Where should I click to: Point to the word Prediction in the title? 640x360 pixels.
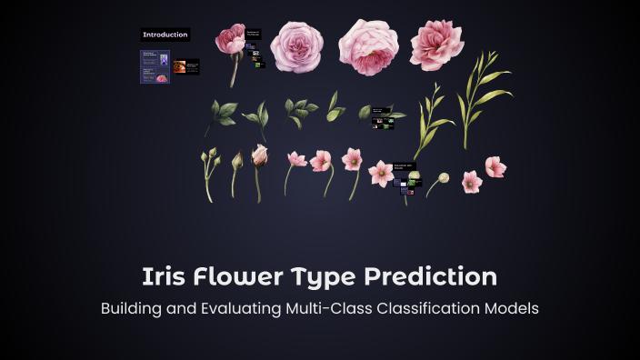coord(435,276)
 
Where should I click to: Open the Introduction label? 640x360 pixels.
coord(165,35)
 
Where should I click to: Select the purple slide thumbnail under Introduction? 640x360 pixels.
coord(155,66)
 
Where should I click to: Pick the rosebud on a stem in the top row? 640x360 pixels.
coord(231,41)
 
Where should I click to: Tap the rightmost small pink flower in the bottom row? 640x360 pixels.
coord(495,166)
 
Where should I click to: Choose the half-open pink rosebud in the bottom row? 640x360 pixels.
coord(260,156)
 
